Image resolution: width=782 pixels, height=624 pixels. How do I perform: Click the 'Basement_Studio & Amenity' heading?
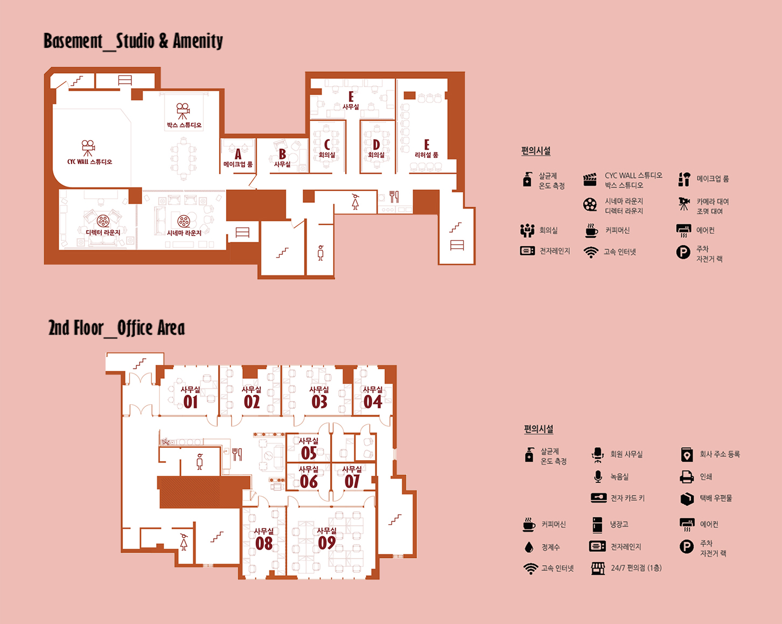coord(133,41)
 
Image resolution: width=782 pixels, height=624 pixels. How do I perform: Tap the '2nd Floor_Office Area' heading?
coord(116,328)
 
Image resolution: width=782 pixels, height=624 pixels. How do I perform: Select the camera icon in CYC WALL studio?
coord(88,148)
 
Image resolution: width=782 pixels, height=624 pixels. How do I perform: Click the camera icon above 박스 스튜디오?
coord(183,111)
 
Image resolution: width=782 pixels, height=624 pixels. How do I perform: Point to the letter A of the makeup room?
coord(238,154)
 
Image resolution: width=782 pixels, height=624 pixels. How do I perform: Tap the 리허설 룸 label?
coord(427,155)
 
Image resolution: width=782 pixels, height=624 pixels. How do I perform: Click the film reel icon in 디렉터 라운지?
coord(103,221)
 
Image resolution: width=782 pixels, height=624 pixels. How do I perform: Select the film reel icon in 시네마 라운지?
coord(184,221)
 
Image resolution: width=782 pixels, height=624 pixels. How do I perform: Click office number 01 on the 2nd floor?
coord(191,402)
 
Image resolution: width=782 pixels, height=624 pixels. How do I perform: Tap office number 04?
coord(373,402)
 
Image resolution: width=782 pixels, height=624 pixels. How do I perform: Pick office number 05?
coord(309,453)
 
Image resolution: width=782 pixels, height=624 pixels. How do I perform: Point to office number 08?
coord(264,544)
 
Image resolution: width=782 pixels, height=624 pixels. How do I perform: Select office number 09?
coord(327,543)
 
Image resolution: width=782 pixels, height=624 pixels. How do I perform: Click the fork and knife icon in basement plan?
coord(394,197)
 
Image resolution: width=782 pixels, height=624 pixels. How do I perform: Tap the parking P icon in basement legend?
coord(683,252)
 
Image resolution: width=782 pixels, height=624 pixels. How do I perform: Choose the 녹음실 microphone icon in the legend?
coord(598,477)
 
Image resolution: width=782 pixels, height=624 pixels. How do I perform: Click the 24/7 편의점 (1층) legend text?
coord(636,568)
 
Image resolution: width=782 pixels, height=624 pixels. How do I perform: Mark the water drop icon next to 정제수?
coord(529,547)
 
